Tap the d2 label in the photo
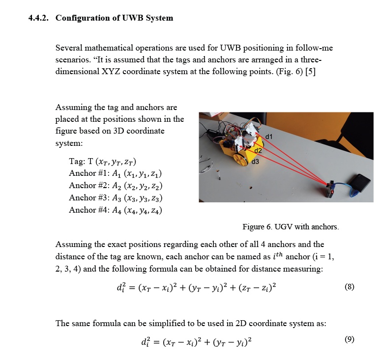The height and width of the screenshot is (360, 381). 258,150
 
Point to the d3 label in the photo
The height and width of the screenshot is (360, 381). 255,161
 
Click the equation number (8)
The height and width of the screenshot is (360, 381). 349,286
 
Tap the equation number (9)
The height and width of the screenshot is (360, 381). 349,339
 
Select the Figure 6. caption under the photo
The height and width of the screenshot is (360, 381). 291,226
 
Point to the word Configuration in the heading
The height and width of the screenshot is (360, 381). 85,18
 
